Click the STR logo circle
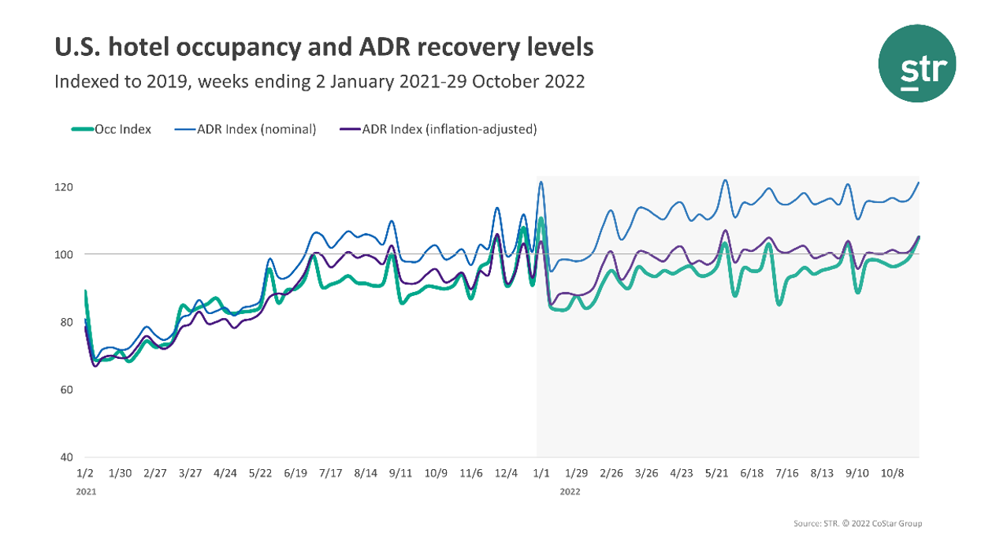[x=917, y=64]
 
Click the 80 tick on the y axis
[x=67, y=322]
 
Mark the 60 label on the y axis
[x=67, y=390]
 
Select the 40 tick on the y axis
[x=67, y=457]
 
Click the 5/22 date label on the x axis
[x=260, y=473]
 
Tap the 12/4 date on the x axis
[x=506, y=473]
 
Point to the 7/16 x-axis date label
[x=787, y=473]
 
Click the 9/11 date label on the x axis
[x=401, y=473]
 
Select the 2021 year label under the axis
[x=87, y=491]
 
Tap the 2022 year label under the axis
[x=570, y=491]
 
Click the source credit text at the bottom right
[x=857, y=523]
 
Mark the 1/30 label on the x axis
[x=120, y=473]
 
